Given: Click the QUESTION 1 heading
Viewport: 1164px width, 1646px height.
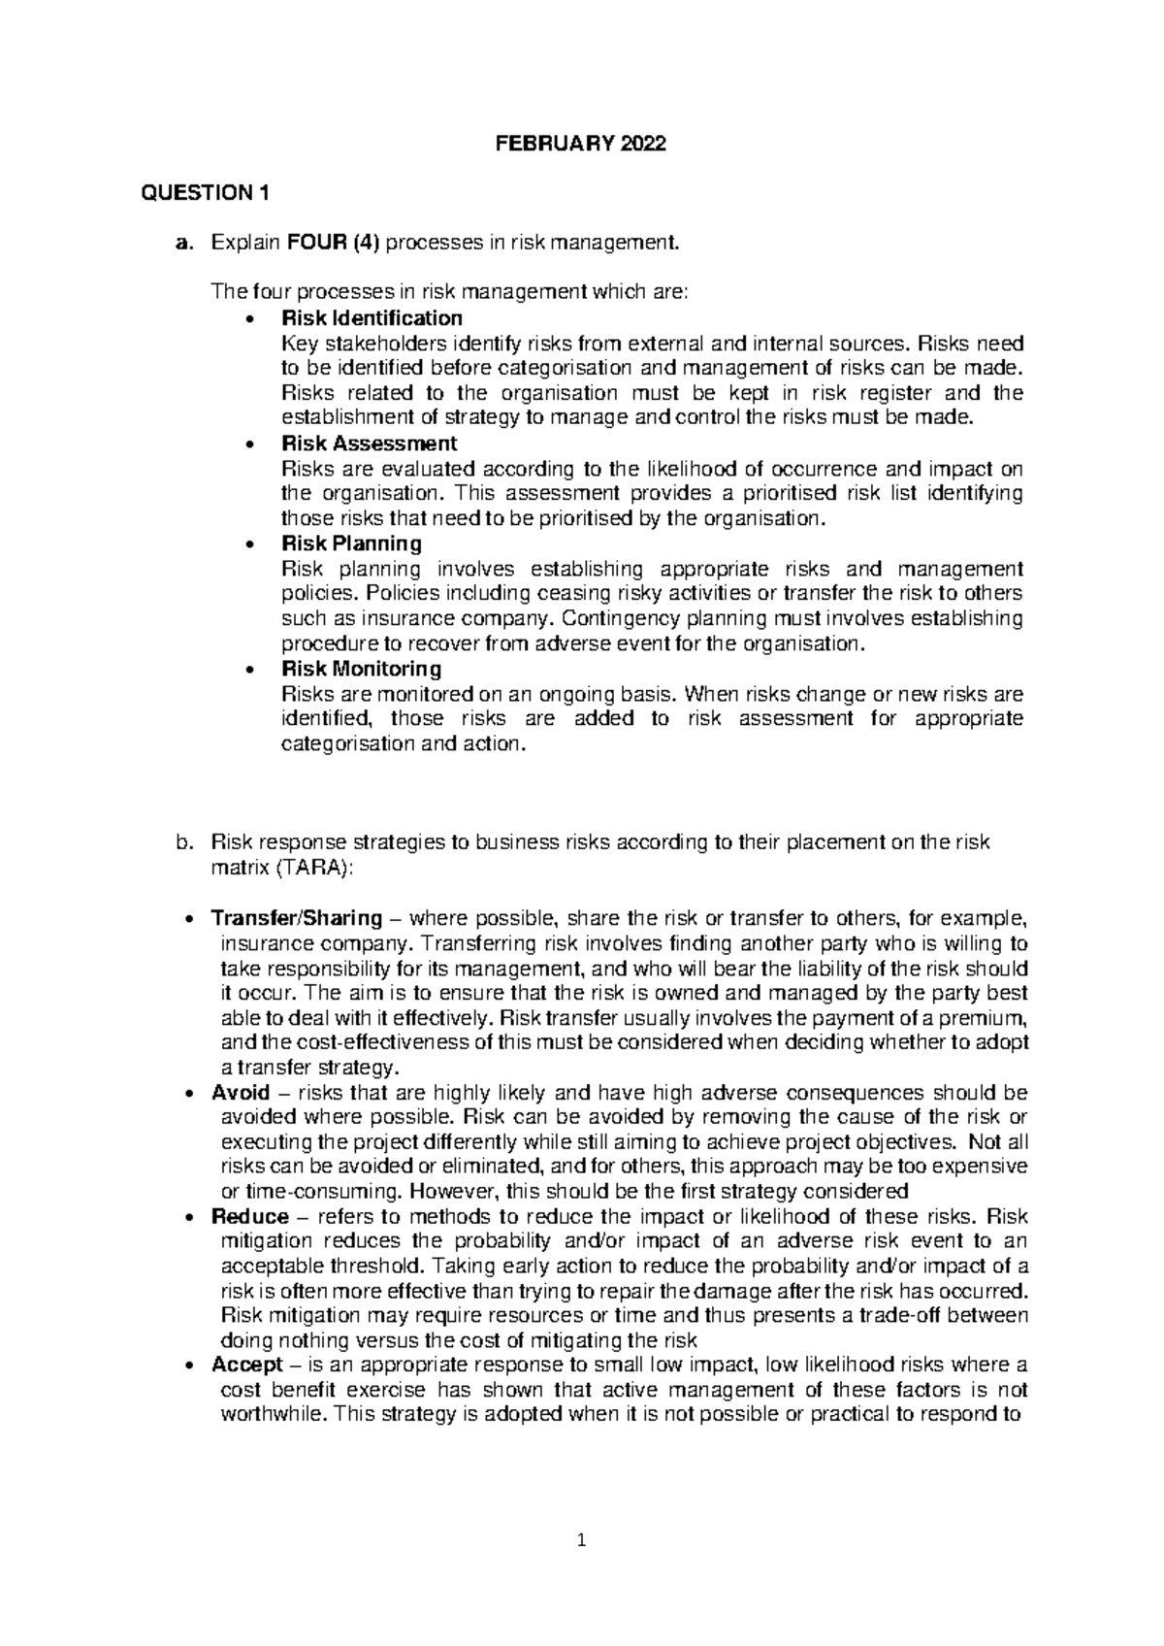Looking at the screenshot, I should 205,193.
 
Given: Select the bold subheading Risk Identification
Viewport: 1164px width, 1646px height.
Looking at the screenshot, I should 371,317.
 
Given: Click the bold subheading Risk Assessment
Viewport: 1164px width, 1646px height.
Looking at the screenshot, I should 369,444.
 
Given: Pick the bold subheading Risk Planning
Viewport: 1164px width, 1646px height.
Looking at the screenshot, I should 351,543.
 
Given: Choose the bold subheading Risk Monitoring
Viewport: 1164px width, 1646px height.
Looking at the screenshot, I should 361,669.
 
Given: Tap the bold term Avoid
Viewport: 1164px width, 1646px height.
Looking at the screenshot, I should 240,1093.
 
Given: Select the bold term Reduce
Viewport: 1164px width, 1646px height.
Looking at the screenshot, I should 249,1217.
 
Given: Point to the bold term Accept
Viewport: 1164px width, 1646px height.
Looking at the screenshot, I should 246,1366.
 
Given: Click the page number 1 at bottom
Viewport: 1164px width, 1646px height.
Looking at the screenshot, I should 582,1540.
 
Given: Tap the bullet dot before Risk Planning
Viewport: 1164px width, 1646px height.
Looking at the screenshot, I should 251,543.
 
